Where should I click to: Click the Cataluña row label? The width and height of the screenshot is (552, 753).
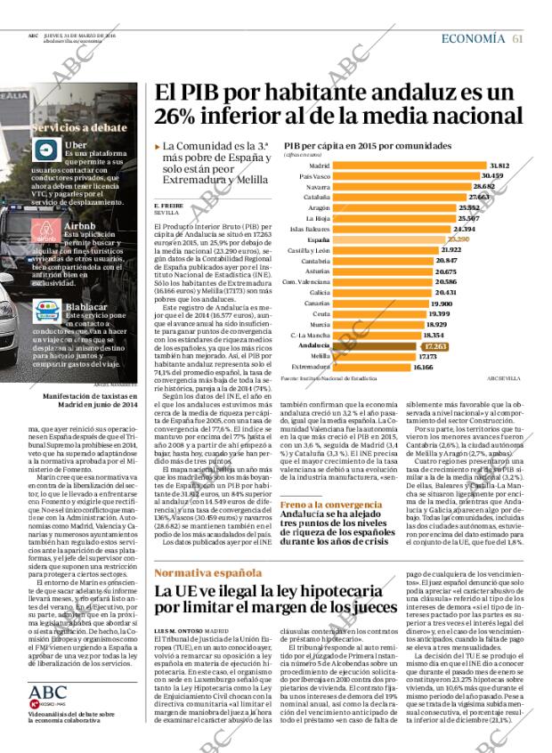tap(316, 222)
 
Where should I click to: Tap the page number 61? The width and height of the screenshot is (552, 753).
tap(517, 37)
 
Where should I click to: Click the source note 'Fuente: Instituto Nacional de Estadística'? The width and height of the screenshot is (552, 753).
tap(329, 377)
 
